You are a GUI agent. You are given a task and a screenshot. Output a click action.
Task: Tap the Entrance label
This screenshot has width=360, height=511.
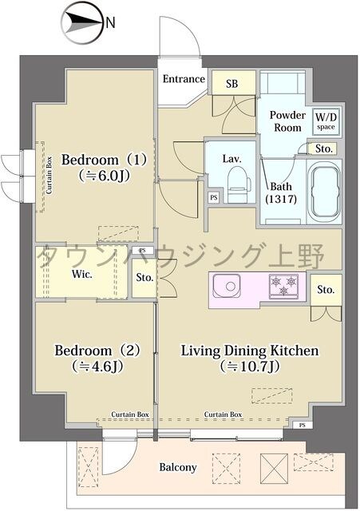click(x=183, y=79)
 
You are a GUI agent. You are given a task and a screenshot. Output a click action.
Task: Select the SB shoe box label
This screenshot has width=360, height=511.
click(x=232, y=82)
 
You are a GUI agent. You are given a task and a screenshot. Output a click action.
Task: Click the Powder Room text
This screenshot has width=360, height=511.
click(x=287, y=121)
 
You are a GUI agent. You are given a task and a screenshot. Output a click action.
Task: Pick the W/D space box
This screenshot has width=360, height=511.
click(x=325, y=121)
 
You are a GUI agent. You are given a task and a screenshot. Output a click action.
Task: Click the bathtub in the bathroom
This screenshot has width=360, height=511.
click(x=324, y=190)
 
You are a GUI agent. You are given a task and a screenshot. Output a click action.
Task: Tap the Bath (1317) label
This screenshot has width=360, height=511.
click(x=280, y=192)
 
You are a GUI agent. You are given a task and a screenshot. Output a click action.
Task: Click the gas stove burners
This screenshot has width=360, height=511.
click(x=285, y=285)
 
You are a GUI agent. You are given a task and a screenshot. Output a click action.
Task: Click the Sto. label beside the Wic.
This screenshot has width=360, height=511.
click(x=144, y=279)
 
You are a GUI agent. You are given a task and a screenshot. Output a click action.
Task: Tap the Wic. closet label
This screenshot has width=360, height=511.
click(x=83, y=273)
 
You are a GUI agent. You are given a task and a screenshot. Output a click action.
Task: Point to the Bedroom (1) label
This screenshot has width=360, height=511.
click(x=103, y=157)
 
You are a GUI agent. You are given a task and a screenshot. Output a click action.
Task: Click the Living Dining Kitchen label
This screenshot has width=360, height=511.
click(x=250, y=351)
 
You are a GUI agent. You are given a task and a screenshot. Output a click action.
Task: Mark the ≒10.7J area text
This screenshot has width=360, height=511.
click(x=250, y=367)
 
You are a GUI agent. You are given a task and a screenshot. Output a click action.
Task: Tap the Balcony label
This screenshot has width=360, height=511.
click(x=177, y=467)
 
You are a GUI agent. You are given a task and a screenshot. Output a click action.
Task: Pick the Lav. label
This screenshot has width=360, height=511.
click(x=232, y=158)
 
